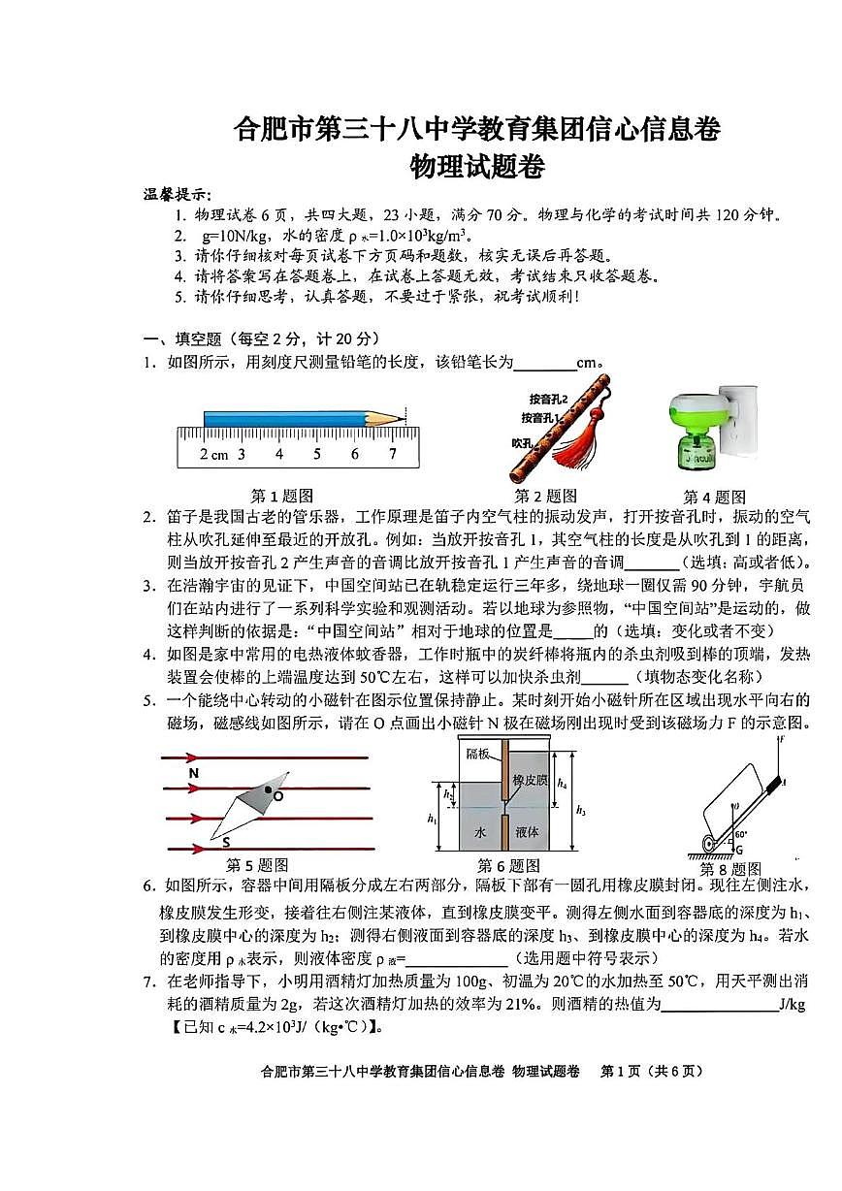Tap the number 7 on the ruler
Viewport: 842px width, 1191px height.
coord(392,454)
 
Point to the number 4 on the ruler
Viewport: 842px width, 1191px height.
coord(278,454)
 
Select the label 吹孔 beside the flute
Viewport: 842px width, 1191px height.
coord(525,442)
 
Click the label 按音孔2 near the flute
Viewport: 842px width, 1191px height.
coord(548,399)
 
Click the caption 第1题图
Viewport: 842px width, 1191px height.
coord(282,496)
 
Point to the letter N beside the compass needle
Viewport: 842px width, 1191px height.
coord(194,773)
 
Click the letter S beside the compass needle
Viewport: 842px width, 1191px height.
coord(225,841)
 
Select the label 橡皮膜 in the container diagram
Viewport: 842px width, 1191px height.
coord(531,780)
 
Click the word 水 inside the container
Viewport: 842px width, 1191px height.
coord(479,831)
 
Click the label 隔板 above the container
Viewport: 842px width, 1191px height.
coord(478,753)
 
